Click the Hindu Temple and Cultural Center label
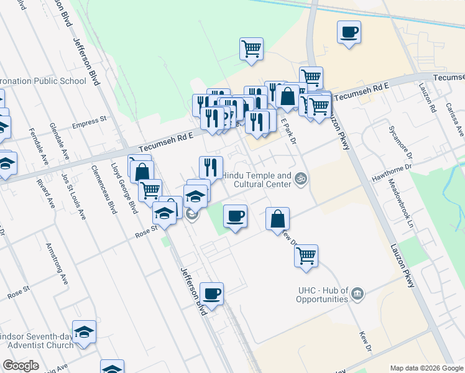click(x=257, y=180)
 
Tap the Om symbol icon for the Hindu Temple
click(x=301, y=179)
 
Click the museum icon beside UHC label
click(x=357, y=293)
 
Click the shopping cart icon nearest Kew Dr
click(x=306, y=255)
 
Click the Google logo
click(x=21, y=366)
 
